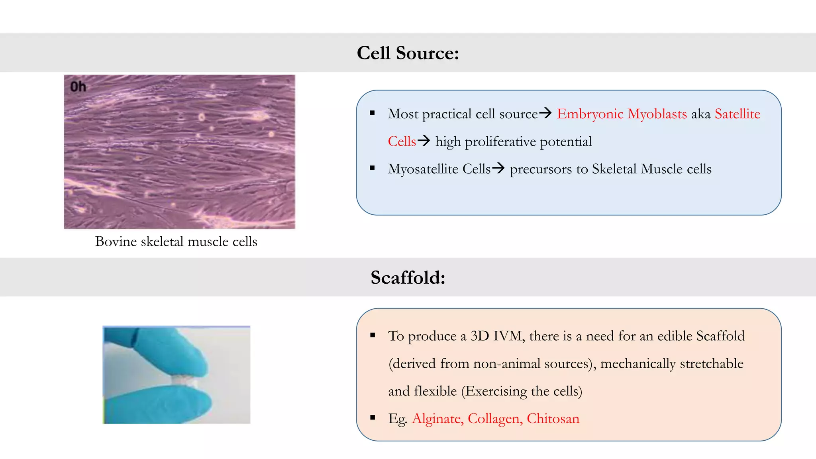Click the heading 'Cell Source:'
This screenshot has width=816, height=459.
[x=408, y=53]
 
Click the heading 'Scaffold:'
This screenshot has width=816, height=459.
[x=408, y=277]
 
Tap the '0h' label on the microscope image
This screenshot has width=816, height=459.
[x=78, y=86]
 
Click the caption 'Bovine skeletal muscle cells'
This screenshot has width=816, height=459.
[x=176, y=241]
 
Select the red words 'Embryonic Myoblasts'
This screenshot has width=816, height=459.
[x=622, y=114]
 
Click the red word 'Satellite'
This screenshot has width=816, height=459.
[x=737, y=114]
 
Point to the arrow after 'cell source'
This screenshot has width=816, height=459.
[x=545, y=113]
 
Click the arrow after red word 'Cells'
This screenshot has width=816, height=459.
[x=424, y=141]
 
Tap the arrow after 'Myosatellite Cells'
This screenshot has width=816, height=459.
[x=498, y=168]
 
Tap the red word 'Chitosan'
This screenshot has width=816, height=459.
[x=553, y=418]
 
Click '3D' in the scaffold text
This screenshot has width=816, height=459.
[x=480, y=336]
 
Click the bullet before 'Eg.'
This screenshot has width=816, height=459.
[x=373, y=418]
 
